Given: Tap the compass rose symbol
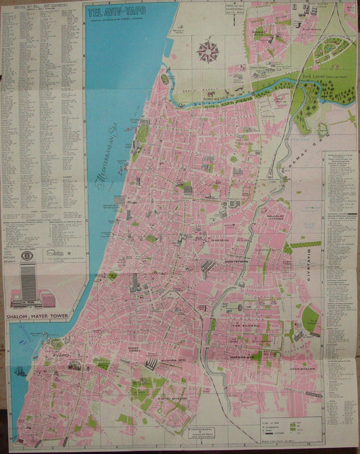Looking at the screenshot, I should (x=209, y=51).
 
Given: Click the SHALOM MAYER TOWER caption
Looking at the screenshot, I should (x=43, y=314).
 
